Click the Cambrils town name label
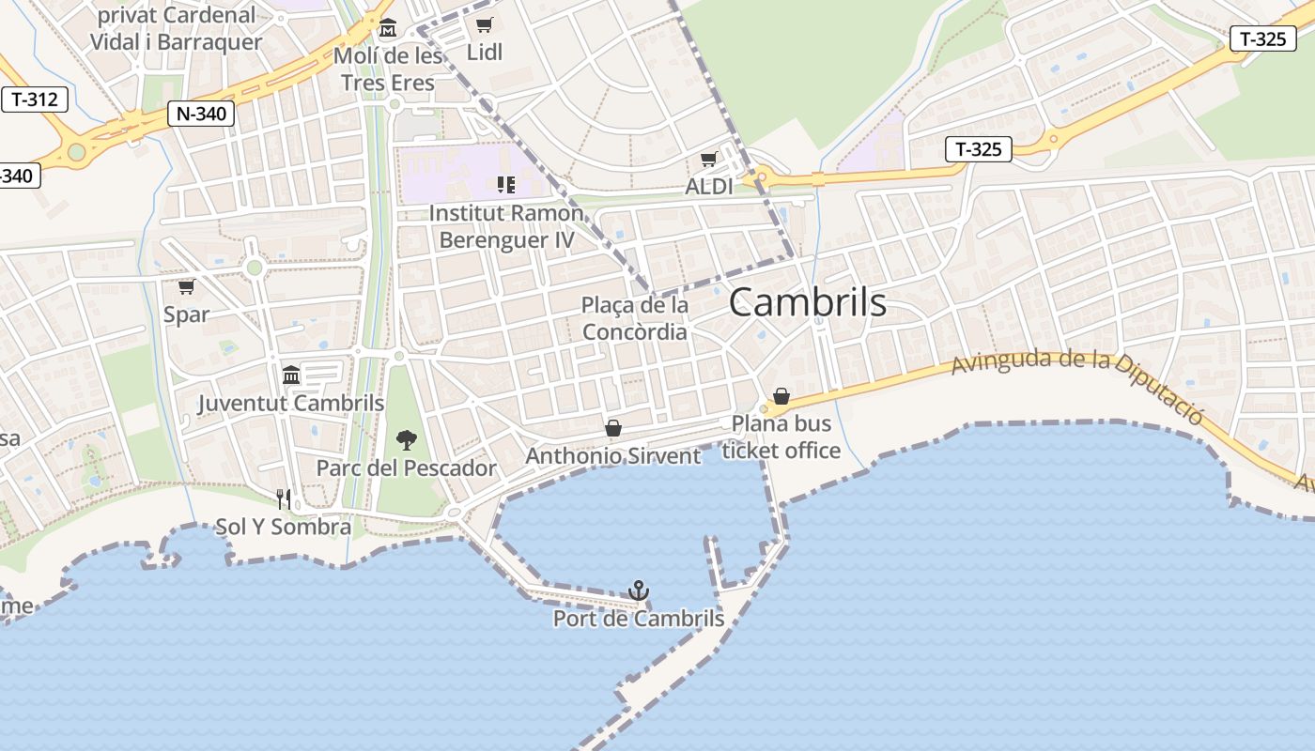tap(807, 302)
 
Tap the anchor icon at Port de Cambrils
tap(639, 590)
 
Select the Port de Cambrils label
tap(639, 619)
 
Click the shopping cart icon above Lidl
tap(484, 25)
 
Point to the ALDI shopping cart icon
tap(708, 160)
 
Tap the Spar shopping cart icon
tap(186, 286)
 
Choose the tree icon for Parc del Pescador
tap(406, 439)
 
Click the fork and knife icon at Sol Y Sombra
tap(284, 498)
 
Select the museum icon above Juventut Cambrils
tap(291, 375)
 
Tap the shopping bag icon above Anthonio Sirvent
tap(613, 428)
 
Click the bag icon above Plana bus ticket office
tap(781, 396)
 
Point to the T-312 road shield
tap(35, 100)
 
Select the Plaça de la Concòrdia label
tap(635, 318)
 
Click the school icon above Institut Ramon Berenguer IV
tap(506, 185)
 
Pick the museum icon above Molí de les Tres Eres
tap(388, 28)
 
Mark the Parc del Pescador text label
tap(406, 467)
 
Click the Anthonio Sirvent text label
tap(613, 456)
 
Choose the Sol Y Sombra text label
tap(284, 527)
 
